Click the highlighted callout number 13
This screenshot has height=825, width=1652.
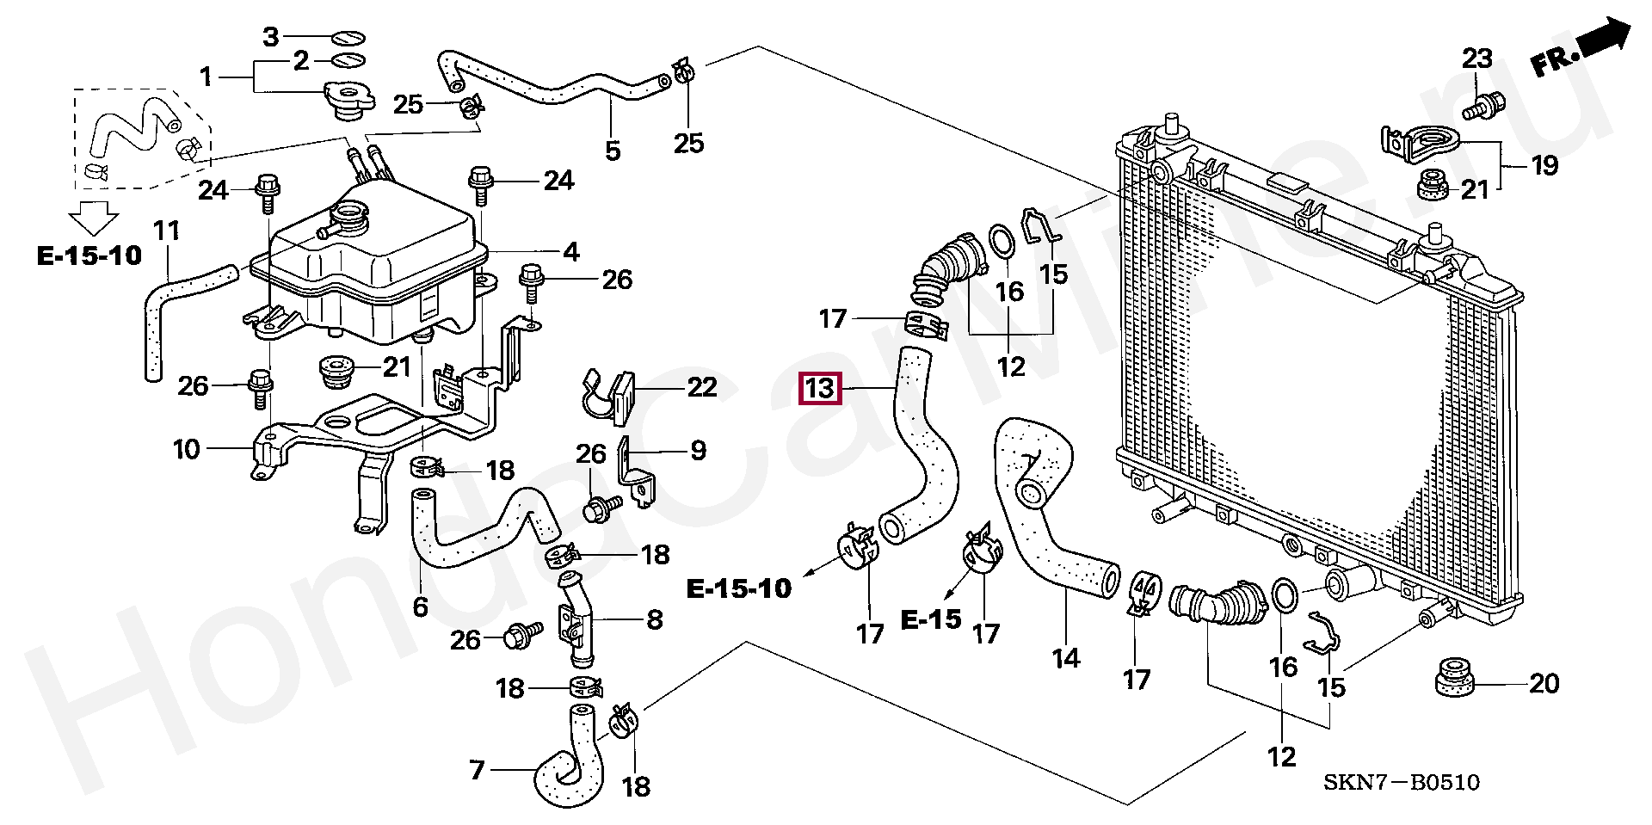819,389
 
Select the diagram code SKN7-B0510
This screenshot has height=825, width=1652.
1401,782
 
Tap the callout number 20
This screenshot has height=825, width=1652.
1544,683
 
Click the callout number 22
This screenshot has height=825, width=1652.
701,387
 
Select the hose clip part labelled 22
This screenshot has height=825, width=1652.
608,397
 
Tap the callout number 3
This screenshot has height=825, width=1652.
270,37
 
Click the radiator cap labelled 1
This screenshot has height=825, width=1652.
347,101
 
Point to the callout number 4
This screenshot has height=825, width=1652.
571,252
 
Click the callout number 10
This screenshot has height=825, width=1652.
186,449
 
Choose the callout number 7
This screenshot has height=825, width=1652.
478,769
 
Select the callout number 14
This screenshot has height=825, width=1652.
1065,658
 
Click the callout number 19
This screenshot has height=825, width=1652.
1545,164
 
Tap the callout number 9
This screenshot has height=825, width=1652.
698,450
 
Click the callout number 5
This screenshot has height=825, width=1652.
612,151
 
